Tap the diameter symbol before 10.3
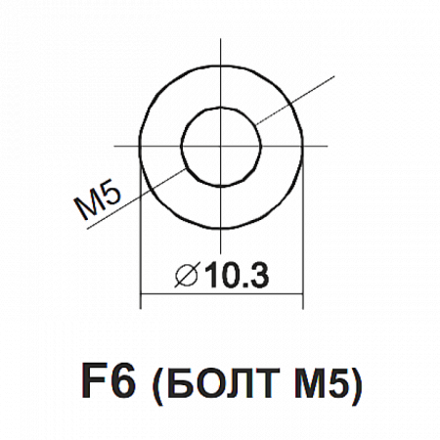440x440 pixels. (187, 275)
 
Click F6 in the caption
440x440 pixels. (109, 380)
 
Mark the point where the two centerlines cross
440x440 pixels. (221, 147)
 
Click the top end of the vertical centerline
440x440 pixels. (221, 39)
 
